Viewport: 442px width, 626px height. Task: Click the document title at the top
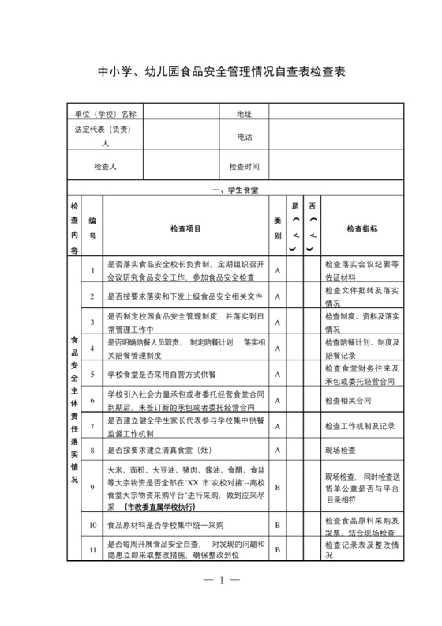(221, 72)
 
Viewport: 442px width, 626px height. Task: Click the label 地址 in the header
(244, 114)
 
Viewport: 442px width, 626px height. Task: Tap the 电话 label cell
(244, 137)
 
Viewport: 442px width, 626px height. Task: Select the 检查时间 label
(244, 167)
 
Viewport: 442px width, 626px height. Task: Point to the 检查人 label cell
(105, 167)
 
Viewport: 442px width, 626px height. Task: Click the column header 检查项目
(185, 228)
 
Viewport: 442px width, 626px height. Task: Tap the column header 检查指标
(361, 228)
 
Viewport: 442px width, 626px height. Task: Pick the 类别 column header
(278, 228)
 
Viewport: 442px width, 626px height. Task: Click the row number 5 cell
(92, 374)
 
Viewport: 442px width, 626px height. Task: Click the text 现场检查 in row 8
(341, 451)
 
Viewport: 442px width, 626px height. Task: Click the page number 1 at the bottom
(222, 581)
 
